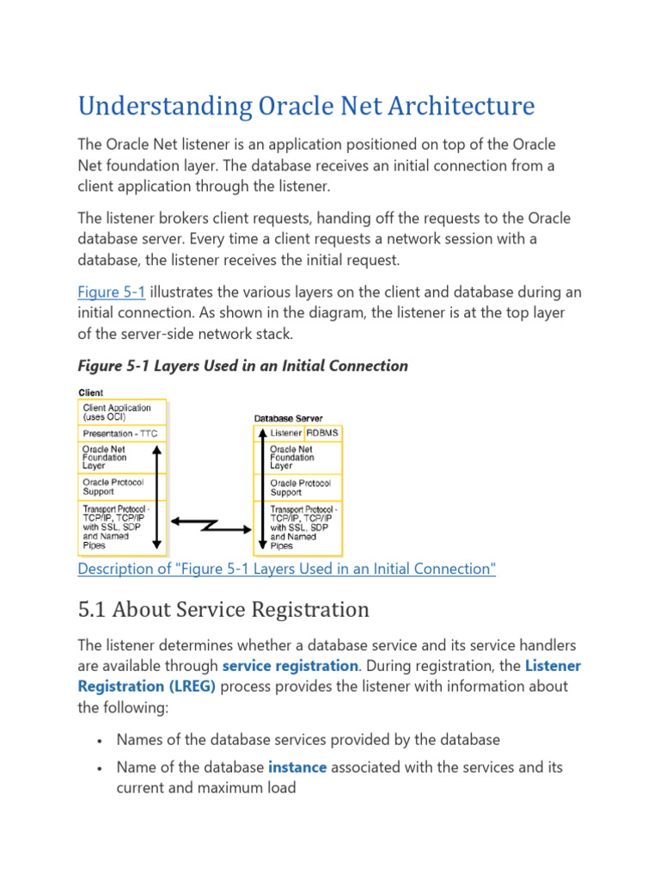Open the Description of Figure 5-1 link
[x=287, y=569]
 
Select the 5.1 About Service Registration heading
[x=223, y=610]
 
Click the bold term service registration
[x=290, y=665]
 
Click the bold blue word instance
[x=296, y=766]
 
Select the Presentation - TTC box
[x=120, y=434]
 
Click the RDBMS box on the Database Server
[x=322, y=432]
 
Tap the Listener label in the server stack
[x=285, y=432]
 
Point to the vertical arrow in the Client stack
[x=157, y=496]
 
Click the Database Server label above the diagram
[x=290, y=418]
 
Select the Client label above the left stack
[x=91, y=392]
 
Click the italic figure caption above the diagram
[x=242, y=366]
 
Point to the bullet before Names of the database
[x=101, y=739]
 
